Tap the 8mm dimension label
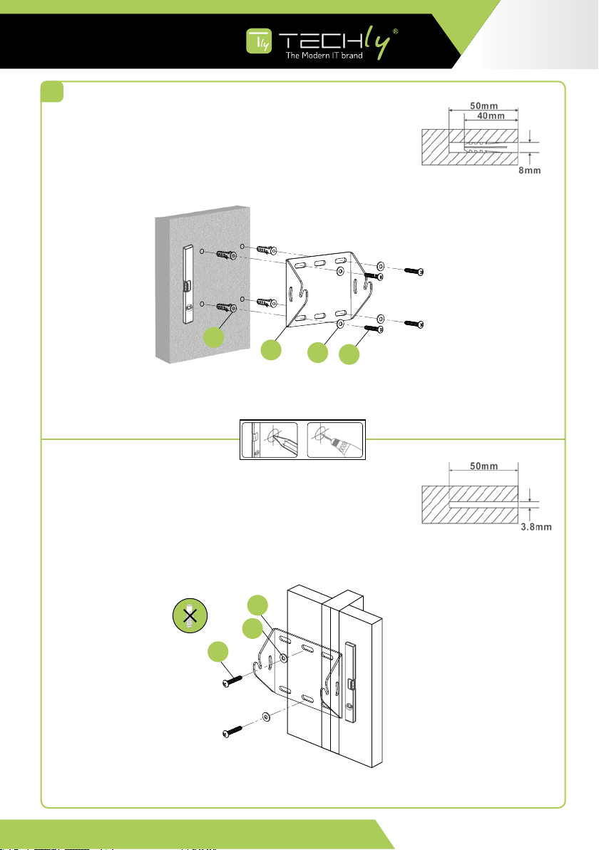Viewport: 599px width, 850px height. [530, 172]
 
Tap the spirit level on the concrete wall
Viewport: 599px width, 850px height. [189, 284]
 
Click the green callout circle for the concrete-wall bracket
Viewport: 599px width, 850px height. [270, 350]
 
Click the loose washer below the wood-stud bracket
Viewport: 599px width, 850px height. [265, 715]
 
